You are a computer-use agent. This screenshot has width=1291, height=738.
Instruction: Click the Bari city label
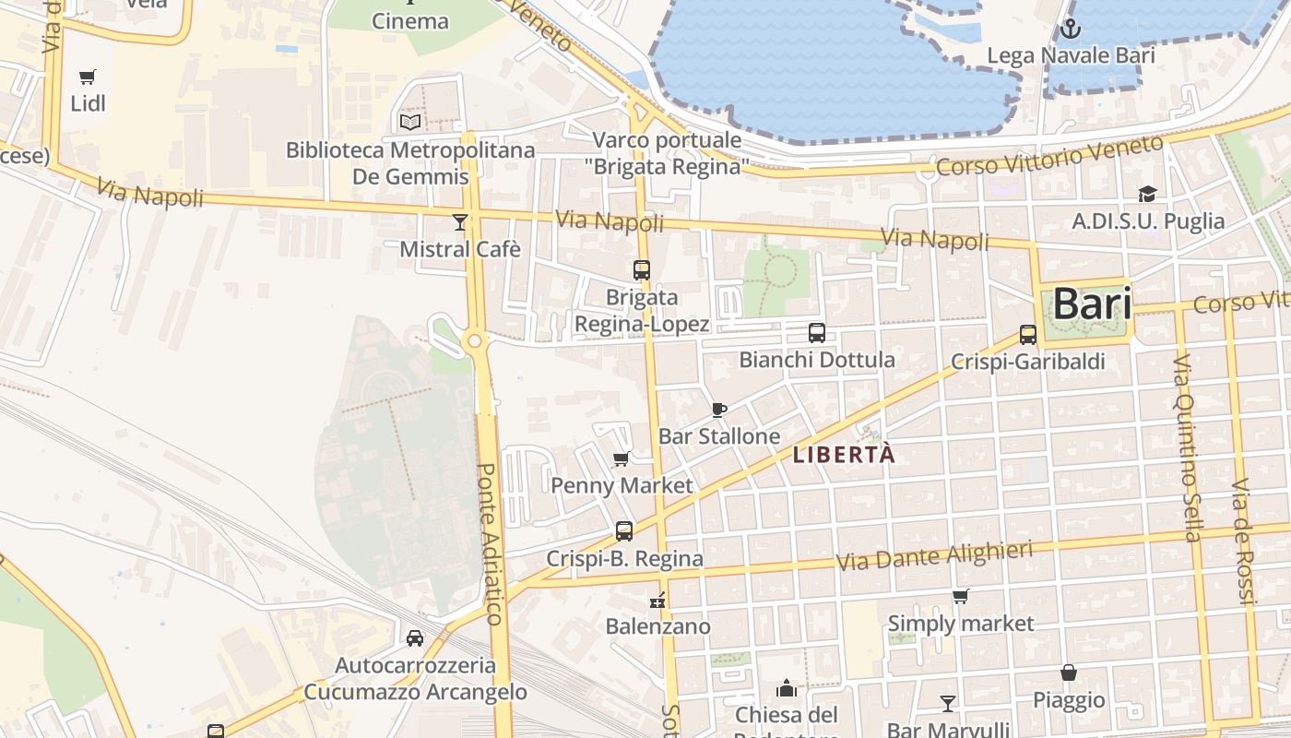[1091, 304]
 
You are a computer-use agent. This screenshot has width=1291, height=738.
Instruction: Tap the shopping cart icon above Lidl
[88, 77]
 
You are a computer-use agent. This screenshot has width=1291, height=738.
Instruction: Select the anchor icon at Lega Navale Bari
[1070, 29]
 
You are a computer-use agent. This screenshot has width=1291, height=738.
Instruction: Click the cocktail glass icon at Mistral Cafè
[459, 221]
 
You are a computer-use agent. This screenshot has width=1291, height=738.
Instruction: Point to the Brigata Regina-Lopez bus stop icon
[642, 270]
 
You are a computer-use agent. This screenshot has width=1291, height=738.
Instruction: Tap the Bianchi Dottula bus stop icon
[816, 333]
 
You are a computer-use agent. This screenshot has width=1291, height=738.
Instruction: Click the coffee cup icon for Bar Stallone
[719, 410]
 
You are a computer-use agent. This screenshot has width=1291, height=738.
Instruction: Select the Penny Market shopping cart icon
[622, 458]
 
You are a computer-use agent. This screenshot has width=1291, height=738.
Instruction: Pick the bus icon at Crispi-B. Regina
[624, 531]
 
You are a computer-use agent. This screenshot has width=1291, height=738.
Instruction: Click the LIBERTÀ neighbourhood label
[844, 455]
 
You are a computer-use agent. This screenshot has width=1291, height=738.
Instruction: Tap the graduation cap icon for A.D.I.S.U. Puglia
[1147, 194]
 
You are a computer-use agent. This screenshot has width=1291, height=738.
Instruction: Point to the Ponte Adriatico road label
[490, 544]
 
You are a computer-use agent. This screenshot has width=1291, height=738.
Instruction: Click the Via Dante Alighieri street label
[934, 556]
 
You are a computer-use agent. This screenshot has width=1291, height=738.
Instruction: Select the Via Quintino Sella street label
[1188, 447]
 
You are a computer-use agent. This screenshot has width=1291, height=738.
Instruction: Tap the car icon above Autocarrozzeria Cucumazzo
[415, 637]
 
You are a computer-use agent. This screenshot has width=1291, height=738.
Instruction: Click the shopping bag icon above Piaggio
[1069, 673]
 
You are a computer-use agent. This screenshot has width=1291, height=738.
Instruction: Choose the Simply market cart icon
[960, 596]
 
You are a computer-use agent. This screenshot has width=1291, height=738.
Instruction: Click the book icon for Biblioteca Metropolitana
[410, 122]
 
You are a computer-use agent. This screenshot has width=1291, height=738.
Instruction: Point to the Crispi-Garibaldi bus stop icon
[1028, 335]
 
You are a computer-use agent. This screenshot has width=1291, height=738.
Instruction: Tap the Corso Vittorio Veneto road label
[1049, 157]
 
